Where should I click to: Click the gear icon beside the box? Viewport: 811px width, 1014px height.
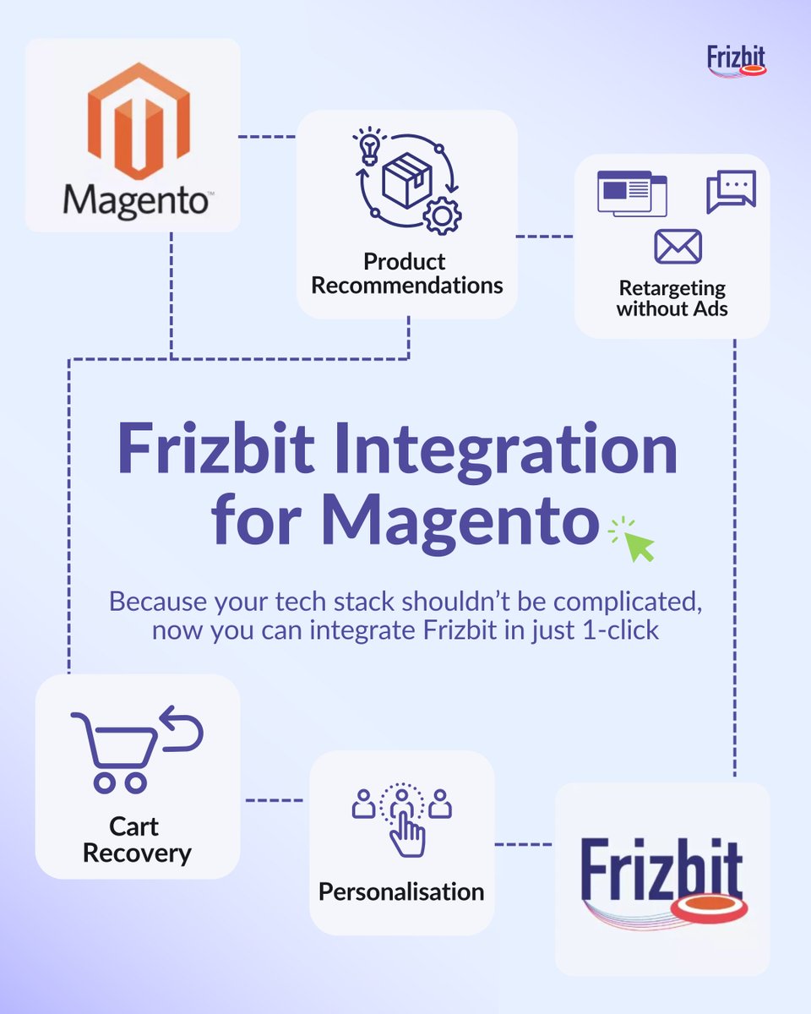[x=441, y=216]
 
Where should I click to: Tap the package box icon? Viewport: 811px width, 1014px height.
[x=407, y=180]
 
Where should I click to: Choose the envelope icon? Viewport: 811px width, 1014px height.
[x=678, y=246]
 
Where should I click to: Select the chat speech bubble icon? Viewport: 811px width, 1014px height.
[x=731, y=192]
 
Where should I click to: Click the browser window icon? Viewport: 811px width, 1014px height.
[x=631, y=194]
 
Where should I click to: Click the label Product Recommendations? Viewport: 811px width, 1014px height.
[x=406, y=273]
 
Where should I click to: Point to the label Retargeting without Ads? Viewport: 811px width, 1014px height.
[x=672, y=298]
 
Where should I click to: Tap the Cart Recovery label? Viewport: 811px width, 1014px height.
[x=137, y=839]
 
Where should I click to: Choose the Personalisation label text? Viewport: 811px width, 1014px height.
[x=401, y=891]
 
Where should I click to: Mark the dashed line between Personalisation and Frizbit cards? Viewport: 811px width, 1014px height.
[x=524, y=843]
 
